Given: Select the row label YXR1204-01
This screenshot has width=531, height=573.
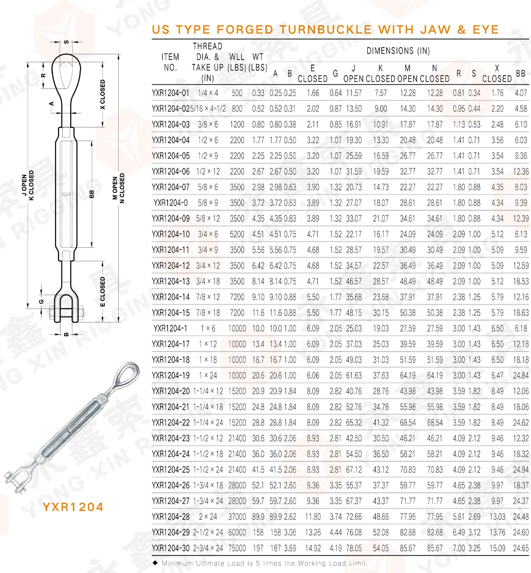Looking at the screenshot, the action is (171, 93).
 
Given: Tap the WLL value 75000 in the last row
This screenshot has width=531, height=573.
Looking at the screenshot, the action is (237, 548).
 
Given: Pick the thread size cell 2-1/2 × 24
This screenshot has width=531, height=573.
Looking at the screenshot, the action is (208, 532).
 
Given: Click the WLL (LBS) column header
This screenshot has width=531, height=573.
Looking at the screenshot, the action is (237, 62).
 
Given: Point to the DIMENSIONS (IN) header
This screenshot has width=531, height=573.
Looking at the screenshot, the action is (398, 51).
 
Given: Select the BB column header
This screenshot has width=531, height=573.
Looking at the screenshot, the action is (521, 73).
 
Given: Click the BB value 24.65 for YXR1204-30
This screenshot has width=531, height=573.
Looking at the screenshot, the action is (521, 548).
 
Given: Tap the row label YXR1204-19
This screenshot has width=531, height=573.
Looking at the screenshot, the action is (171, 376).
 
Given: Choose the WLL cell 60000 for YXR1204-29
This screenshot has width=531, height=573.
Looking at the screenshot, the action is (237, 532).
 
